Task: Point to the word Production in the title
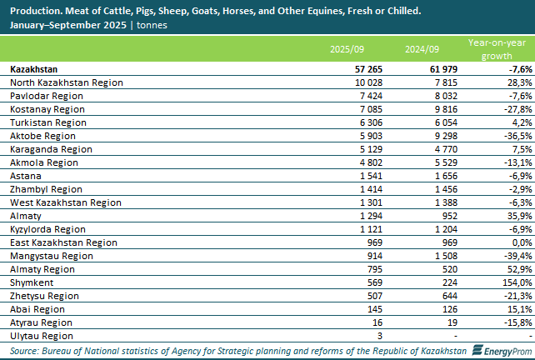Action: (33, 12)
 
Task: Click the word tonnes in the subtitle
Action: (152, 26)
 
